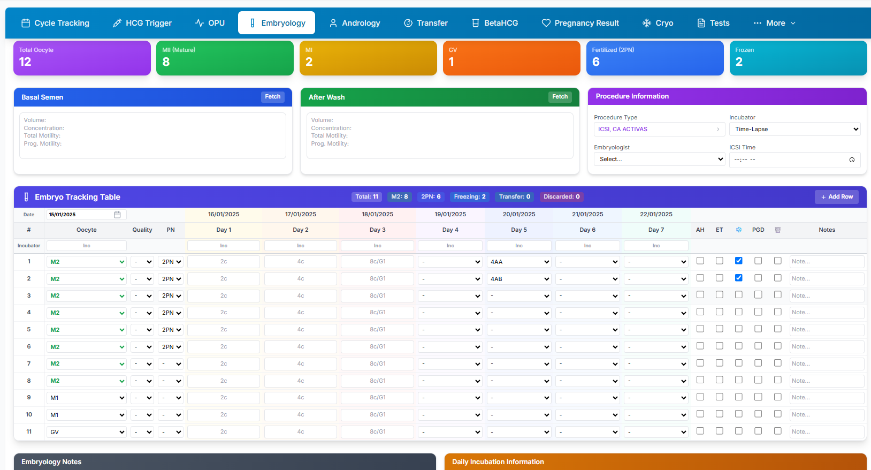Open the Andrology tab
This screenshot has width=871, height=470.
(354, 23)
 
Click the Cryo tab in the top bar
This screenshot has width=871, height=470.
(658, 23)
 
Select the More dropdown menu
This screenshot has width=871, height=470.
(774, 23)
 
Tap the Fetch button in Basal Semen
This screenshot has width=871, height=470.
(272, 96)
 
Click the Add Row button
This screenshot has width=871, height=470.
(836, 197)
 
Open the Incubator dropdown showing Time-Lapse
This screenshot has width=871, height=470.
(794, 129)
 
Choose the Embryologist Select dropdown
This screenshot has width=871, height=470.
(659, 159)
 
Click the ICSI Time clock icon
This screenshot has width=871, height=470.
(852, 160)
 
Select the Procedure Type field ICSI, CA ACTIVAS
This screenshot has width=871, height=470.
(659, 129)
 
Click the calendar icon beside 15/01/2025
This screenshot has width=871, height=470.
(117, 214)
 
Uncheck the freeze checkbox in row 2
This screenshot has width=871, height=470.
(739, 278)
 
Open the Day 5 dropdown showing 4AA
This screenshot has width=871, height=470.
(519, 262)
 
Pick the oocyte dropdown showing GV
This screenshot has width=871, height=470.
(86, 432)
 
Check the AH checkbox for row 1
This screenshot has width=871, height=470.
(700, 261)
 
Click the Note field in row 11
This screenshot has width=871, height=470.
(827, 431)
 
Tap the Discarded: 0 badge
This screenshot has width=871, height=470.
(561, 197)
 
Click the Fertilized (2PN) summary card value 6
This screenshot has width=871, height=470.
(595, 62)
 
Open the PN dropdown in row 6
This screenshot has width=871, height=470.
(170, 347)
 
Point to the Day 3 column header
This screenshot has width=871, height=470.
(377, 230)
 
